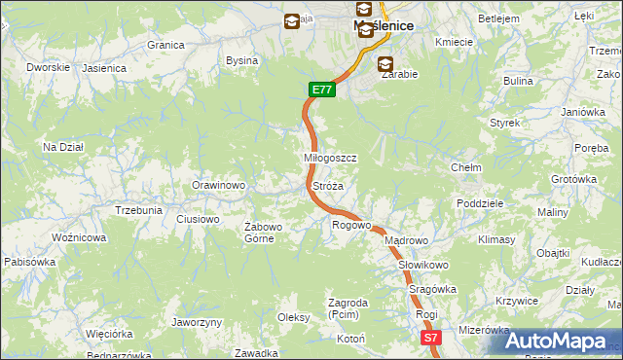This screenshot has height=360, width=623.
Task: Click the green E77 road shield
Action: [x=323, y=90]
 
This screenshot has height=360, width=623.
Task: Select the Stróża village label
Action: [x=327, y=185]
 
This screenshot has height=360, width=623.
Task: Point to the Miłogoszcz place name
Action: [x=331, y=158]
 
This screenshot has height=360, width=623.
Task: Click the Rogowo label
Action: [x=351, y=225]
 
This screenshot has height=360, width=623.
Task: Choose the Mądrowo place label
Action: [x=406, y=240]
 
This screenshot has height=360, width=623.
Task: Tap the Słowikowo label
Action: [x=422, y=265]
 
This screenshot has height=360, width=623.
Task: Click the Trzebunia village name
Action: [x=138, y=209]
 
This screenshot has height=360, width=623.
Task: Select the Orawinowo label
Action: [x=218, y=185]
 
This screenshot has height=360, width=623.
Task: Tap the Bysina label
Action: [x=241, y=60]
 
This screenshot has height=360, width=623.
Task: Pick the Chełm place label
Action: [x=466, y=167]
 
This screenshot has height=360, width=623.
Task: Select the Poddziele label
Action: [x=479, y=203]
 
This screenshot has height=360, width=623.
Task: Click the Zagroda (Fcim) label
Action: [x=348, y=308]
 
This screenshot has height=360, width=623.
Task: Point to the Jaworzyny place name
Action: [x=197, y=322]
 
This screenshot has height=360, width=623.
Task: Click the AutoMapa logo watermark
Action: [x=556, y=342]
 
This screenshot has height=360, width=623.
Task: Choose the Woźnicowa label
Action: [x=79, y=237]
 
